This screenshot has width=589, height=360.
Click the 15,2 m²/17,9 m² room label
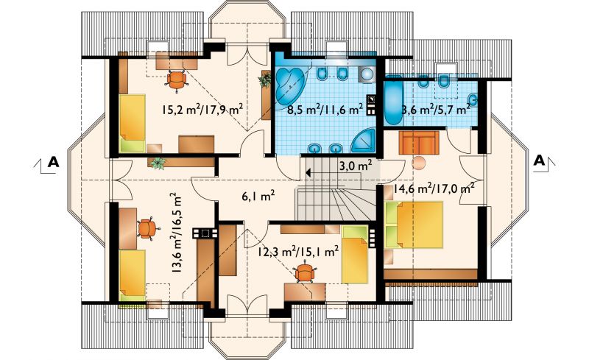[202, 110]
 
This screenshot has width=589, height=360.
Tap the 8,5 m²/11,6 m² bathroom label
[325, 110]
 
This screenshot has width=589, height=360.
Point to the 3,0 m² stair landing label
[356, 166]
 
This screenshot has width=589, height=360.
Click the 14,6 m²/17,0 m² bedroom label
[433, 188]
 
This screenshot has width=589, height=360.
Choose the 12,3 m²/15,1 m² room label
[299, 250]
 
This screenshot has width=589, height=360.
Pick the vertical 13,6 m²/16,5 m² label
[175, 233]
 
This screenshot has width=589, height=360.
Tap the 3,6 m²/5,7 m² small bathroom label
[436, 110]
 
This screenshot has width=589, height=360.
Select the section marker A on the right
[540, 160]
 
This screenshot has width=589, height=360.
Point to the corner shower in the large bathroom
[364, 141]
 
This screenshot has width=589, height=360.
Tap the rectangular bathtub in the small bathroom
[393, 101]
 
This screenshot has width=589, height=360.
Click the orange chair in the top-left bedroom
[177, 80]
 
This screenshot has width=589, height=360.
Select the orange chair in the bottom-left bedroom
[148, 228]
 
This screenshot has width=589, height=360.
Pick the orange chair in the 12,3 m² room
[305, 273]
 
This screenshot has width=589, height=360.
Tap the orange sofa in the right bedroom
[419, 142]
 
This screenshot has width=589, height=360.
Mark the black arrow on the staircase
[308, 173]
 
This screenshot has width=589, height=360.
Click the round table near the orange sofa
[418, 163]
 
